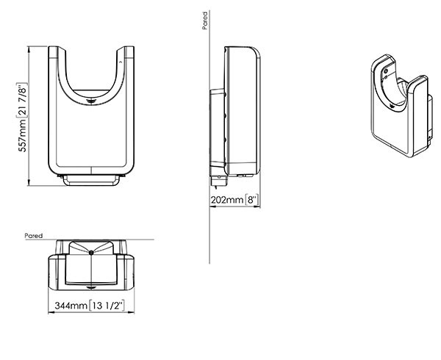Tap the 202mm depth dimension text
(227, 200)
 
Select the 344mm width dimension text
(71, 305)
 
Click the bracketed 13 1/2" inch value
(107, 305)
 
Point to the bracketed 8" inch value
(251, 200)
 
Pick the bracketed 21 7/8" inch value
(22, 101)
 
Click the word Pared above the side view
(205, 21)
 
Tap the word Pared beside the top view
(34, 236)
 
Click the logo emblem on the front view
(91, 101)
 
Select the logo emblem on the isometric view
(392, 107)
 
